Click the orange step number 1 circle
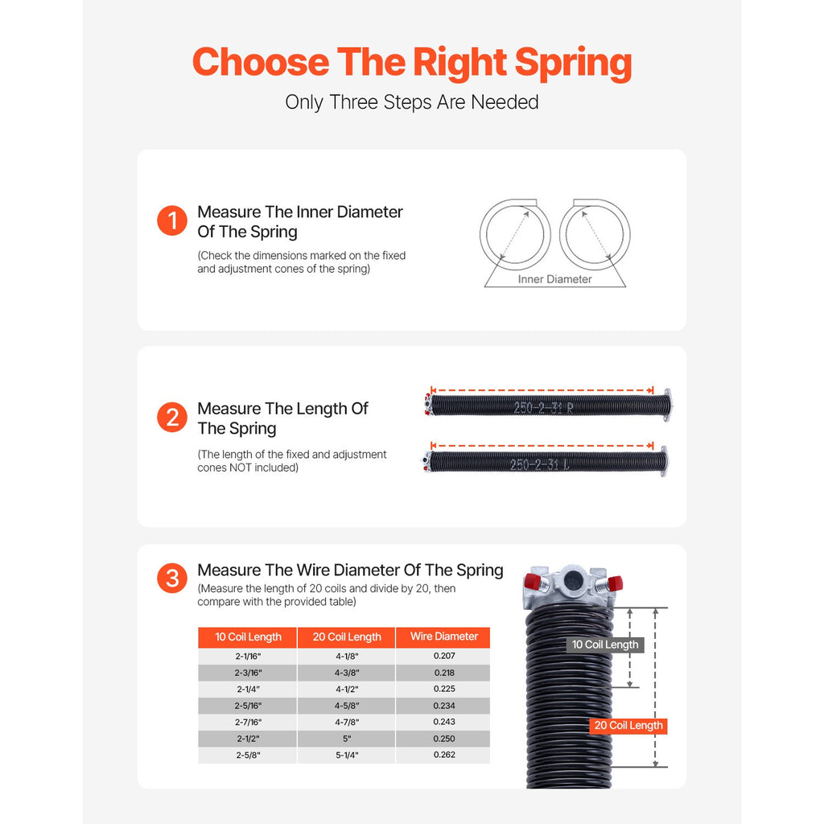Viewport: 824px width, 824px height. point(172,221)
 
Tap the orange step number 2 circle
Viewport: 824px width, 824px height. point(172,418)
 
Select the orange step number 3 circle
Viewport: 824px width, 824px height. point(172,579)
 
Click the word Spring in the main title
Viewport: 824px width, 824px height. point(573,62)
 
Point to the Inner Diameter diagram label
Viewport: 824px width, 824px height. point(554,279)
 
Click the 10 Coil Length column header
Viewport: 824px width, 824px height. point(248,637)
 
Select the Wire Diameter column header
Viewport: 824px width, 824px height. point(444,637)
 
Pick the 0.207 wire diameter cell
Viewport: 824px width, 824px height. point(444,656)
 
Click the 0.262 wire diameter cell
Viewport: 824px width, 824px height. point(444,755)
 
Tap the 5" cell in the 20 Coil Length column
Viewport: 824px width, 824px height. point(347,739)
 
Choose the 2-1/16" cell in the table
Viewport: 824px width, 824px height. point(248,656)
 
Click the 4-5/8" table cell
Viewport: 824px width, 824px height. point(347,706)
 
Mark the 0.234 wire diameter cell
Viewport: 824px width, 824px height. point(444,706)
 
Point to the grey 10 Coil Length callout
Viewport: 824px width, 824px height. point(605,645)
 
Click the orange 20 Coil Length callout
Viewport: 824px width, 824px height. point(628,726)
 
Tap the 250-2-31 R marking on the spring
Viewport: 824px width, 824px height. point(544,407)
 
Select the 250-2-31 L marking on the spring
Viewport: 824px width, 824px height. point(540,464)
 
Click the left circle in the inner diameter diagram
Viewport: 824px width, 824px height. point(515,234)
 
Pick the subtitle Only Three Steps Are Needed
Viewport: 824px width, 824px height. point(412,102)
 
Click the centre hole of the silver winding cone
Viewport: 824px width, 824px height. point(574,579)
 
